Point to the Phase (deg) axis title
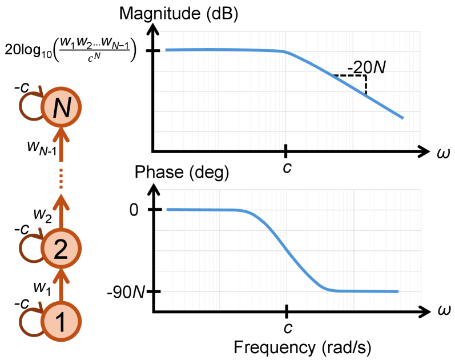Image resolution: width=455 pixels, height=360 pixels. pyautogui.click(x=182, y=172)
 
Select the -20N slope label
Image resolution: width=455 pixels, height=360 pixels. pyautogui.click(x=367, y=67)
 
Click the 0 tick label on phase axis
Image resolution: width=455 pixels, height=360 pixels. pyautogui.click(x=134, y=209)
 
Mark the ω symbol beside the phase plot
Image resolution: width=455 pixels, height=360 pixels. pyautogui.click(x=443, y=312)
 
